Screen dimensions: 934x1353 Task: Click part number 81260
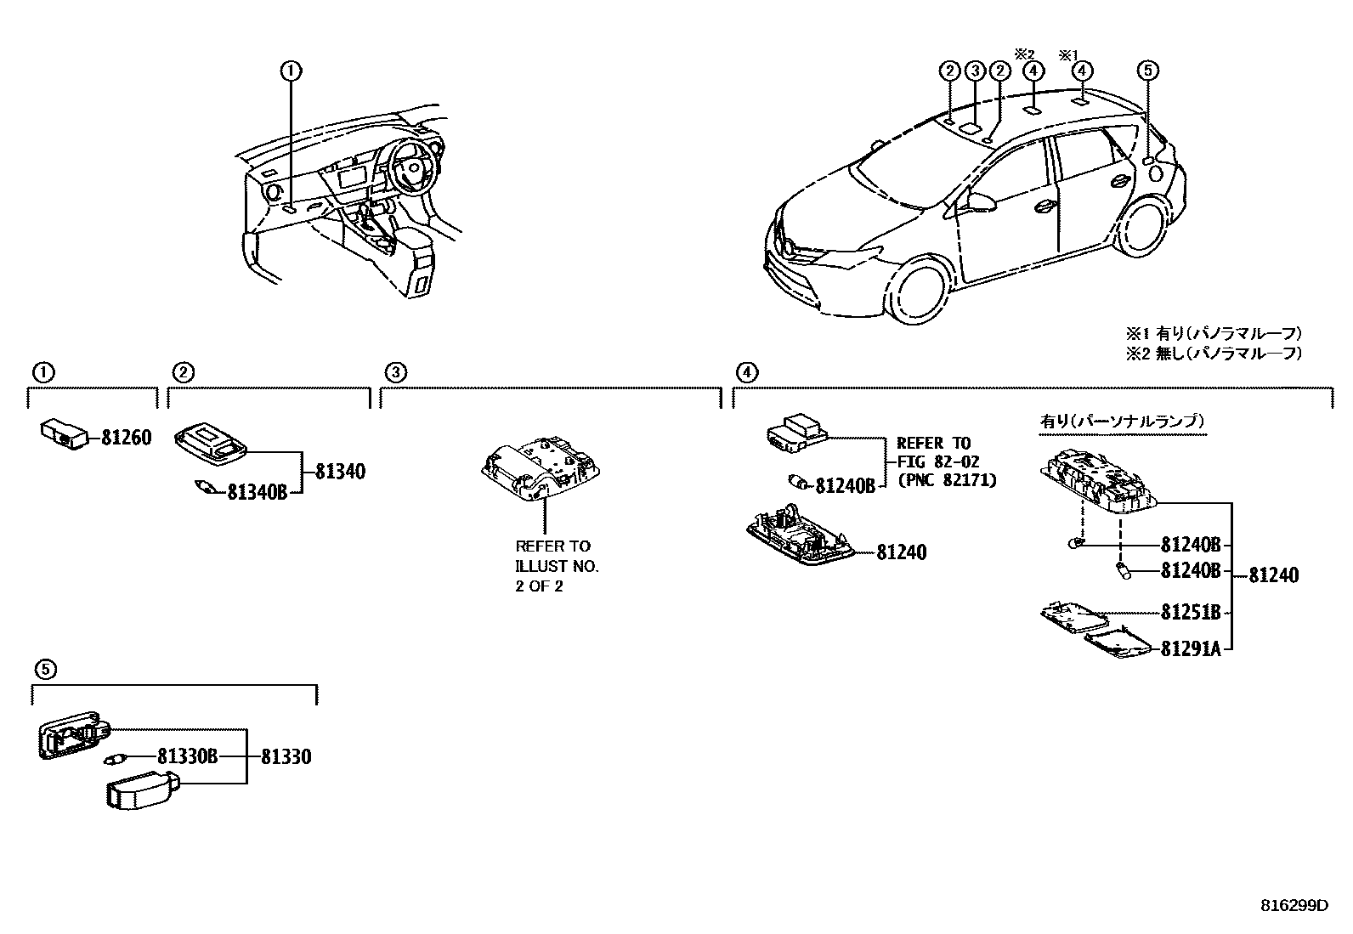coord(126,438)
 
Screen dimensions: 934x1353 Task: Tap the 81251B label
coord(1191,612)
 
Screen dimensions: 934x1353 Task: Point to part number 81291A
coord(1191,649)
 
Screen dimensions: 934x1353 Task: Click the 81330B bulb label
coord(188,756)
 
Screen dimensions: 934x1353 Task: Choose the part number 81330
coord(286,756)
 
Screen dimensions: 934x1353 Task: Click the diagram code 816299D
coord(1293,906)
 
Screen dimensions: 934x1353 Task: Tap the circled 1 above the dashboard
coord(291,71)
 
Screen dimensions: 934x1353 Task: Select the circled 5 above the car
coord(1147,71)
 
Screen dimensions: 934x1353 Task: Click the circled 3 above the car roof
coord(975,71)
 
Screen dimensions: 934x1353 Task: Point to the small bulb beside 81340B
coord(207,488)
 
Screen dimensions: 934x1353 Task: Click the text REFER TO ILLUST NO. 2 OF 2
coord(557,566)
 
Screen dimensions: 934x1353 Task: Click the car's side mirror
coord(979,201)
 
